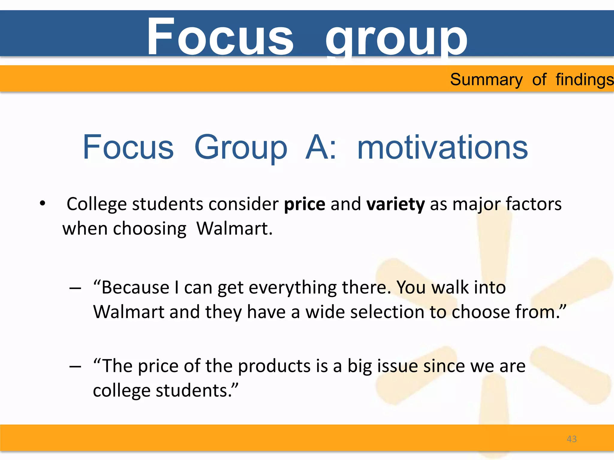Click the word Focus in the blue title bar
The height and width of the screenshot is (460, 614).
coord(220,37)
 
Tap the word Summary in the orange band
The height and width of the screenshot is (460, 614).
coord(486,80)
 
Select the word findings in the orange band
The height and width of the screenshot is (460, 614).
coord(584,80)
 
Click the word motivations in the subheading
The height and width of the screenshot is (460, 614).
coord(443,147)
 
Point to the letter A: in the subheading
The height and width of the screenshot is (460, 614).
coord(321,147)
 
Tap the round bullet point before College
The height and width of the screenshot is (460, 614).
coord(43,203)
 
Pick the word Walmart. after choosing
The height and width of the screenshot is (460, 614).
coord(234,229)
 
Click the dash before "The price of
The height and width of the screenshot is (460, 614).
coord(75,367)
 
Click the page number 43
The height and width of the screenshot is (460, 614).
coord(572,439)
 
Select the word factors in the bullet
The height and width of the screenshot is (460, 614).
coord(534,204)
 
